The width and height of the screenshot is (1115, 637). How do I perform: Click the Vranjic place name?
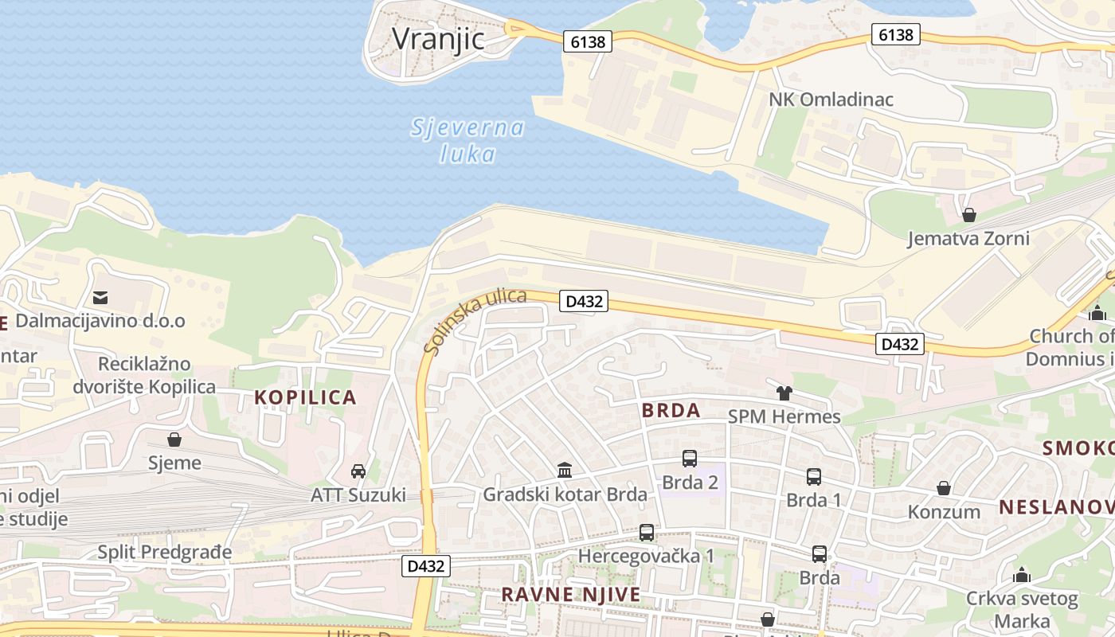(438, 37)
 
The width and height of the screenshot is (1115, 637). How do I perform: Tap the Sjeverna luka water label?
(468, 140)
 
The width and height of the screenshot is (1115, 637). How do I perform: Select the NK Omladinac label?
(831, 100)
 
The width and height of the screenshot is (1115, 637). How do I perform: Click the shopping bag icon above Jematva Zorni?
(969, 215)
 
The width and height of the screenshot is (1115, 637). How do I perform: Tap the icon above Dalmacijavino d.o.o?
(100, 298)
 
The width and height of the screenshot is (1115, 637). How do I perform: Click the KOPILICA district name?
(305, 397)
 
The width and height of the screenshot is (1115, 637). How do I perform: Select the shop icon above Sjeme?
(174, 440)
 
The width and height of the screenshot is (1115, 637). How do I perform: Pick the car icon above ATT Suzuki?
(358, 471)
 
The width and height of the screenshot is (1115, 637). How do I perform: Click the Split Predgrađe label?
(165, 552)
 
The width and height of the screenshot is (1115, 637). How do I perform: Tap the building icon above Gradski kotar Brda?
(565, 470)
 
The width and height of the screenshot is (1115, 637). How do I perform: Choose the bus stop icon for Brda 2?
(690, 459)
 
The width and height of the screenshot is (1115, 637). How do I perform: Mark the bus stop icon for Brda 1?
(814, 477)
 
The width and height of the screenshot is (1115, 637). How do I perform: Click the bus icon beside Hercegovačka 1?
(647, 533)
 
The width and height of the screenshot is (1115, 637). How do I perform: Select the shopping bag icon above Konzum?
(944, 488)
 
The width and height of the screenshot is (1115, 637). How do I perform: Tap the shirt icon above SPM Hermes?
(784, 393)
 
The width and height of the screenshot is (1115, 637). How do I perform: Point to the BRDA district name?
(671, 411)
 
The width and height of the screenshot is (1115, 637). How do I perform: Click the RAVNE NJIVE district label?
(570, 595)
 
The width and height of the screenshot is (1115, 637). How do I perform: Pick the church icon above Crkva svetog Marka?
(1022, 575)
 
